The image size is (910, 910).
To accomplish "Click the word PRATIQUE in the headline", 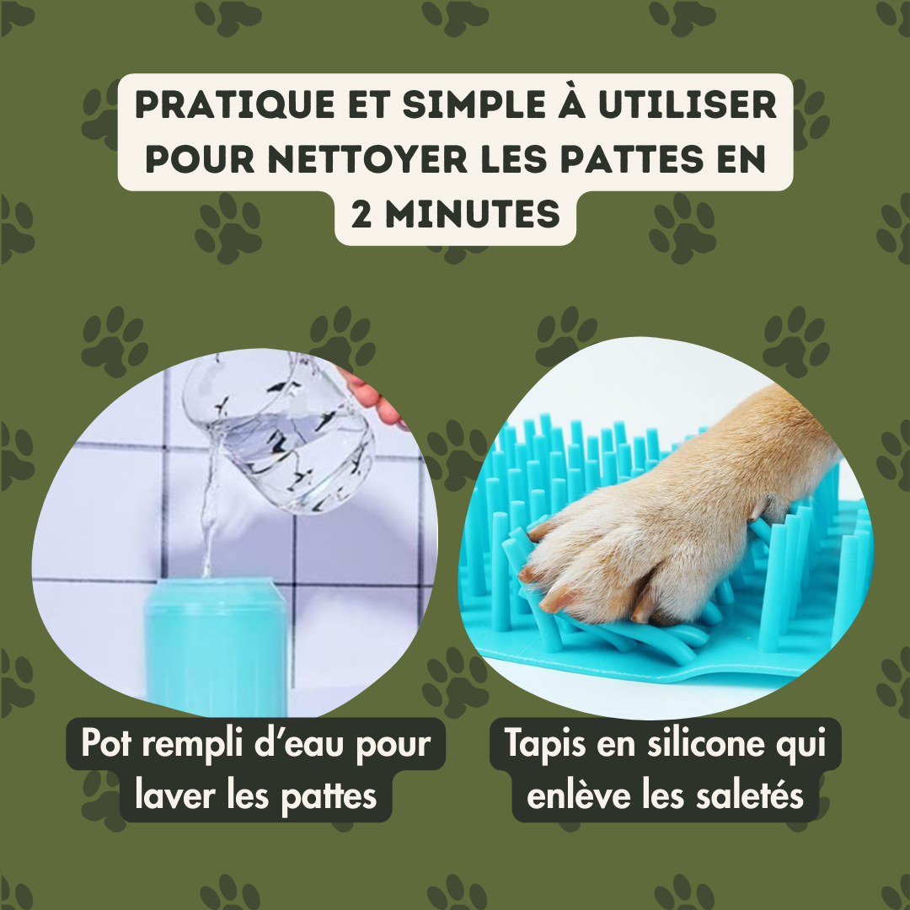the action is (235, 104).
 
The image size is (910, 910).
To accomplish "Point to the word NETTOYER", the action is (368, 158).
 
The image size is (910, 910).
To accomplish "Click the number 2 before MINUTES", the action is (361, 213).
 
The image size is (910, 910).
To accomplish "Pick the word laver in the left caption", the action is (175, 795).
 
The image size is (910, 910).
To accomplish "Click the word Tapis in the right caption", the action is (545, 743).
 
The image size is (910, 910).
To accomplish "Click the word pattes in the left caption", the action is (329, 796).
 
